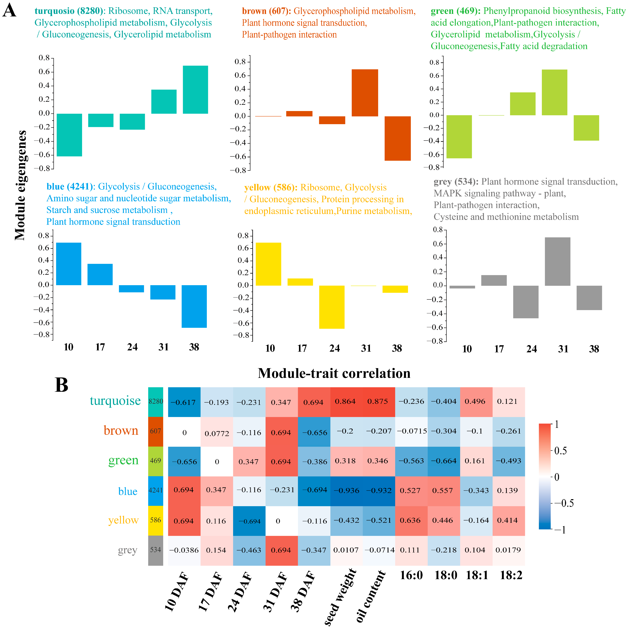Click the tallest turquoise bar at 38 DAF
(x=195, y=90)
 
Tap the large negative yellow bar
(x=332, y=307)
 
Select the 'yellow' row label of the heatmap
(x=123, y=520)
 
